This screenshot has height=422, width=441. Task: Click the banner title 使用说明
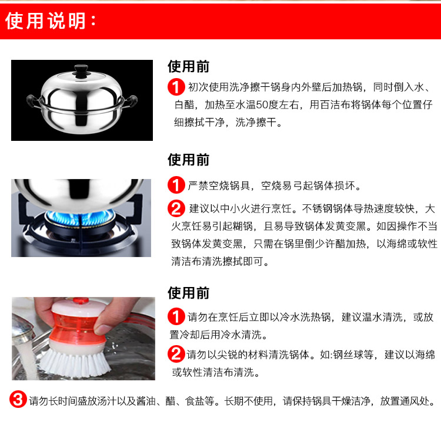coord(46,21)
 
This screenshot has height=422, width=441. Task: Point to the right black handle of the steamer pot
coord(130,101)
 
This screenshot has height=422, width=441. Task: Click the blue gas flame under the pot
coord(80,218)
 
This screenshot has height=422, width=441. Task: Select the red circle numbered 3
coord(18,399)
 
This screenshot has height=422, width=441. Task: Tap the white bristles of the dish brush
coord(76,363)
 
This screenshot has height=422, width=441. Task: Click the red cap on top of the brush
coord(81,301)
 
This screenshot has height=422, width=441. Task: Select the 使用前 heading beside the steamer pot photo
coord(188,66)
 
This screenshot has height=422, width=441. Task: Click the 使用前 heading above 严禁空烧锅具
coord(188,160)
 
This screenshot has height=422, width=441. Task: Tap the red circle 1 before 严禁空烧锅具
coord(176,185)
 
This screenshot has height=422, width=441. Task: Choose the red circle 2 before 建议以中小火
coord(176,208)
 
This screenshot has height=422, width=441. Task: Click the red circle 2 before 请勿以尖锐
coord(176,354)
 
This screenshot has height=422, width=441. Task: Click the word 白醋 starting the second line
coord(185,104)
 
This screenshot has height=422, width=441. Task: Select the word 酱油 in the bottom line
coord(146,401)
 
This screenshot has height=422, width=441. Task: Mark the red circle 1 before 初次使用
coord(176,87)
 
